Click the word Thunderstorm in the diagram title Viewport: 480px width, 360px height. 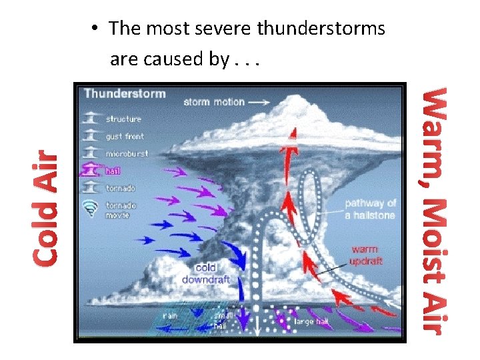tap(125, 93)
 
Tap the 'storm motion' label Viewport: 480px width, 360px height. tap(214, 102)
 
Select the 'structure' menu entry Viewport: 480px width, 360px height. tap(124, 119)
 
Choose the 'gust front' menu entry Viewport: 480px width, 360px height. tap(125, 137)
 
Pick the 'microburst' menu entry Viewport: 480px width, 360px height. tap(127, 154)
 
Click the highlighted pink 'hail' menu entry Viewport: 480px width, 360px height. tap(113, 171)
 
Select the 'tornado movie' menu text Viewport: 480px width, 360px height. tap(121, 209)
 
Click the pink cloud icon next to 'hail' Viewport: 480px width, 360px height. tap(89, 171)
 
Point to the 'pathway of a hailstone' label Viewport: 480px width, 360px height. tap(371, 209)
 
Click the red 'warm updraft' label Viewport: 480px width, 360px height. tap(367, 255)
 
